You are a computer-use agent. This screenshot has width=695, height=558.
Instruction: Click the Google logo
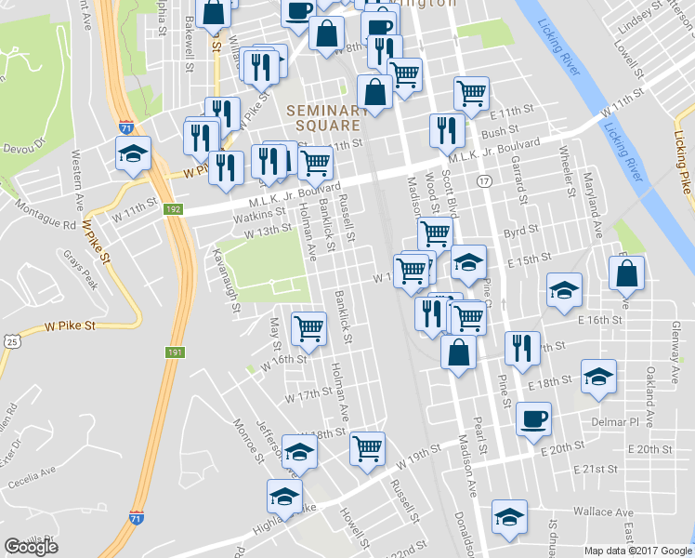[32, 547]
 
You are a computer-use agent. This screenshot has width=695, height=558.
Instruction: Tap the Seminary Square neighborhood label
[322, 117]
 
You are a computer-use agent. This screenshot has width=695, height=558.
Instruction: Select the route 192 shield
[172, 209]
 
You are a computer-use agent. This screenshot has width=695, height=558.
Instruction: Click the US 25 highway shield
[11, 341]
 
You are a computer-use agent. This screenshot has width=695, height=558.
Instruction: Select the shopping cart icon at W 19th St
[369, 447]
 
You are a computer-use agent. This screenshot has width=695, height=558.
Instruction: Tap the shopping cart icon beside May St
[308, 326]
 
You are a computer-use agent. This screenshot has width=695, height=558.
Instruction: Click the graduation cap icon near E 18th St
[598, 376]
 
